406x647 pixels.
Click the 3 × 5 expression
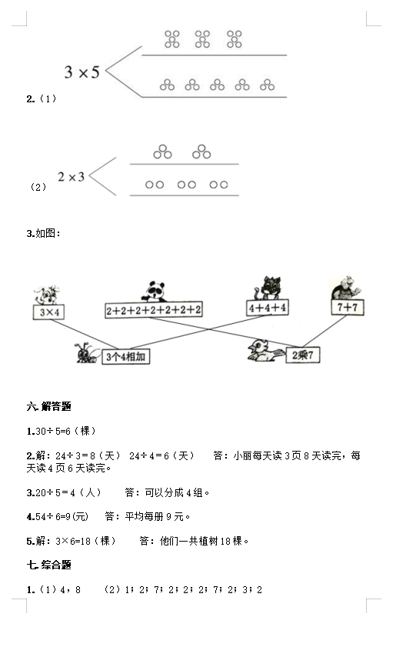(82, 72)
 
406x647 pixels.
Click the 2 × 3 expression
(71, 177)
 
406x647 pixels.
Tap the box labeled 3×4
(48, 312)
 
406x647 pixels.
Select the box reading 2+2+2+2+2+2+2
(154, 310)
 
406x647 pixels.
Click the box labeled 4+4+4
(268, 308)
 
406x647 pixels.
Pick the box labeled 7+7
(348, 307)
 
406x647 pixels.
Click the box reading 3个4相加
(126, 356)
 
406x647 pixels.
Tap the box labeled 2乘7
(303, 355)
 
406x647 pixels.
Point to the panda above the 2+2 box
(154, 292)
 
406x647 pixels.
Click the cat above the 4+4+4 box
(268, 288)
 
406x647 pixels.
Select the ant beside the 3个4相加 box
(88, 353)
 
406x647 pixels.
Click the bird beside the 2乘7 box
(265, 351)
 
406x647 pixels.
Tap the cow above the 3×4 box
(47, 295)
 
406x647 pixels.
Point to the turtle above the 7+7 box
(346, 288)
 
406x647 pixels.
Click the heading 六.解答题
(49, 406)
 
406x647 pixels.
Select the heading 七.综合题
(49, 565)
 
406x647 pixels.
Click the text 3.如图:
(44, 234)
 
